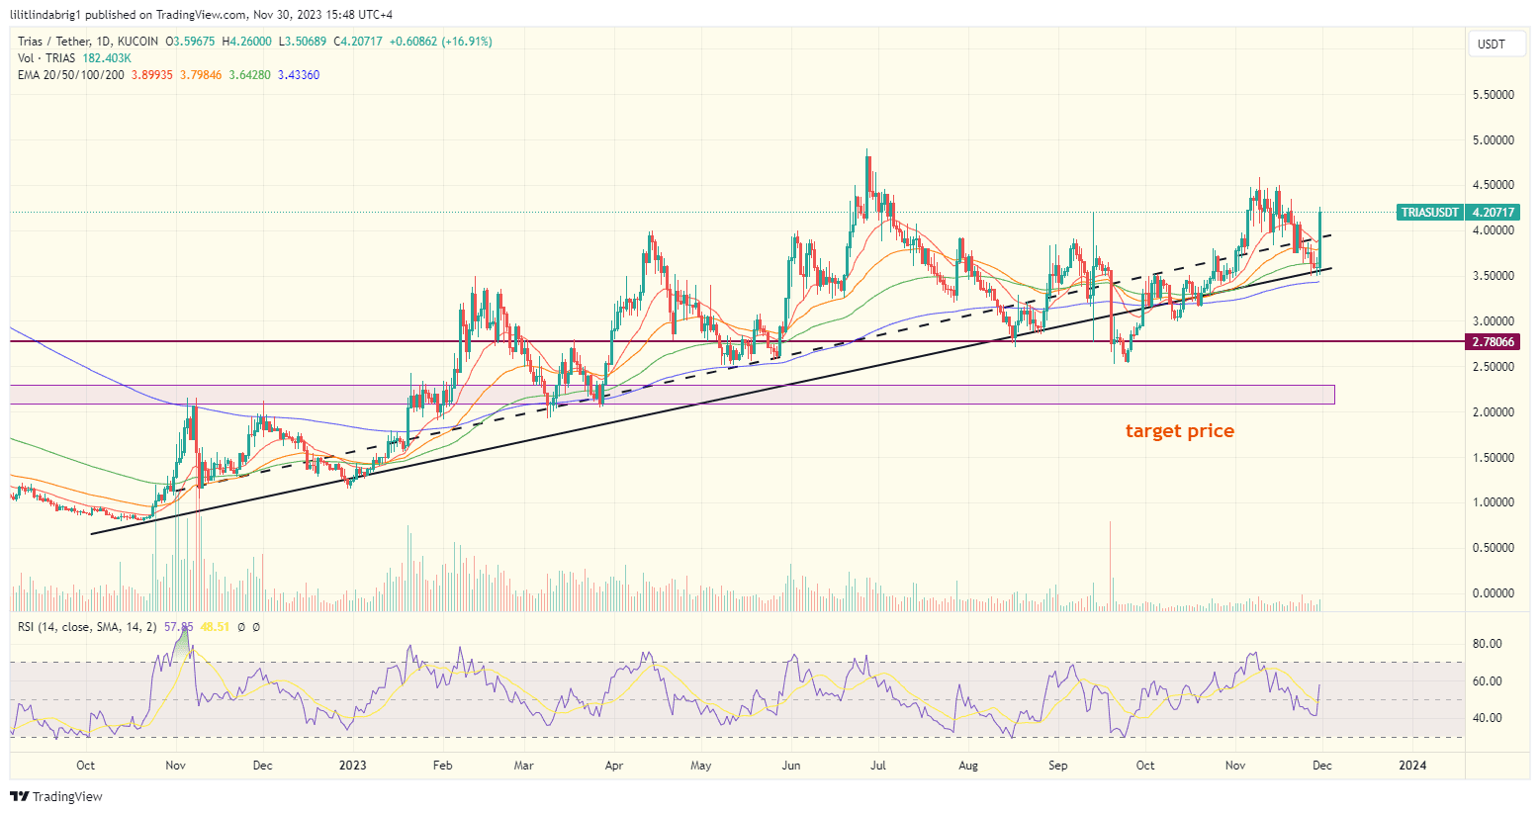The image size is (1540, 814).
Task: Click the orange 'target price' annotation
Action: pyautogui.click(x=1179, y=431)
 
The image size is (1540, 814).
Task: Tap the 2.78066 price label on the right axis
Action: pyautogui.click(x=1493, y=342)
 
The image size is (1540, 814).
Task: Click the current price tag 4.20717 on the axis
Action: pyautogui.click(x=1494, y=213)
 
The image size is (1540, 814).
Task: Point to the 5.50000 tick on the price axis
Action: pyautogui.click(x=1493, y=95)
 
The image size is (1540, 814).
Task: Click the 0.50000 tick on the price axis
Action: pyautogui.click(x=1493, y=548)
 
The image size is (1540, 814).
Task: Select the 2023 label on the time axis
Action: pyautogui.click(x=352, y=766)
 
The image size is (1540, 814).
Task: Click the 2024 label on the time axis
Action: pyautogui.click(x=1412, y=766)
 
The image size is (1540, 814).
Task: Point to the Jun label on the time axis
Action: pyautogui.click(x=790, y=766)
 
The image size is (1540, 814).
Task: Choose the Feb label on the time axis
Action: pyautogui.click(x=443, y=766)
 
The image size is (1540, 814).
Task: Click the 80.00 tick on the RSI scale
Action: pyautogui.click(x=1487, y=644)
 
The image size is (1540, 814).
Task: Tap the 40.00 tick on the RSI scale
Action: pyautogui.click(x=1487, y=718)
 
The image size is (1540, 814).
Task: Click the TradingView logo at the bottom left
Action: pyautogui.click(x=57, y=796)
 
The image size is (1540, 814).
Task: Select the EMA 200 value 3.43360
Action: pyautogui.click(x=299, y=75)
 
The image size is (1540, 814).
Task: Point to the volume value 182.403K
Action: pyautogui.click(x=101, y=58)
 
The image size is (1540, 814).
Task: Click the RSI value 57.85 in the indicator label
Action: pyautogui.click(x=178, y=627)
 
